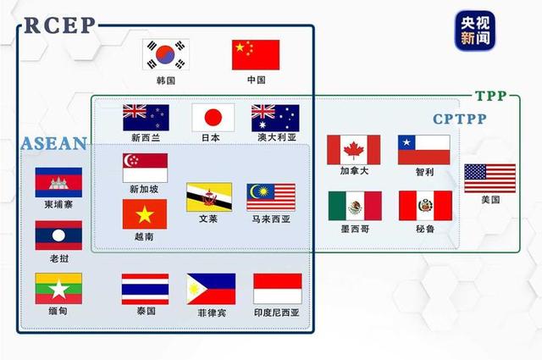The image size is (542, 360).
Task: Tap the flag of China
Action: (256, 55)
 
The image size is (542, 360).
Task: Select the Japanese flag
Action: (213, 117)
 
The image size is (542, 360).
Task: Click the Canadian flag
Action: (353, 150)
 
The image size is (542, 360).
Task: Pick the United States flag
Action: (489, 178)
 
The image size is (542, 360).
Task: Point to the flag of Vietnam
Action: (145, 214)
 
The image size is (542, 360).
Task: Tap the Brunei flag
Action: (209, 197)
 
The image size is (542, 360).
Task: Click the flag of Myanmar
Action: (58, 288)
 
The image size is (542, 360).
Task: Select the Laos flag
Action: (58, 235)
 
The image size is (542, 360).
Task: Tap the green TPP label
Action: (490, 97)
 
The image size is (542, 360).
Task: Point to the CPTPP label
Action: (460, 119)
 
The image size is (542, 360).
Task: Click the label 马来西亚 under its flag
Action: (271, 219)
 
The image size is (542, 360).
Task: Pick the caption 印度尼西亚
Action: (278, 313)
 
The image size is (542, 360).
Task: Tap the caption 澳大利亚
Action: (275, 137)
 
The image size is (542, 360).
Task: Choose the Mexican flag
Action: (355, 205)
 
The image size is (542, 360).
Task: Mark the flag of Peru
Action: (425, 205)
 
